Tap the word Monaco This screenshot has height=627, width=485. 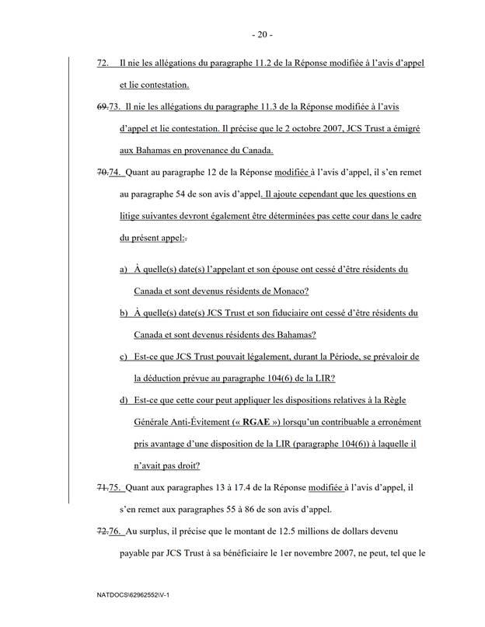coord(288,291)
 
